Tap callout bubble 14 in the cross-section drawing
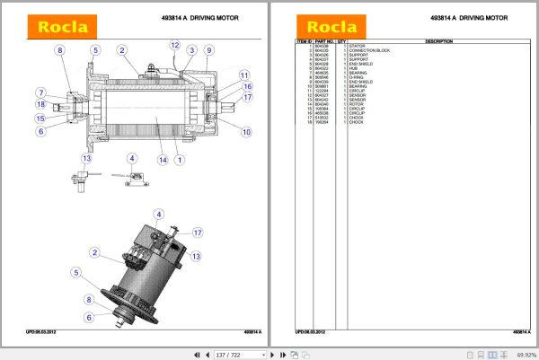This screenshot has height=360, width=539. pyautogui.click(x=163, y=161)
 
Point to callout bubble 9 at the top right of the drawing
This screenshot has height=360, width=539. pyautogui.click(x=208, y=50)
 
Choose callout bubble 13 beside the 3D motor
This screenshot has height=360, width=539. pyautogui.click(x=195, y=256)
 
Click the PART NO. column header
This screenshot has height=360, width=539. pyautogui.click(x=323, y=41)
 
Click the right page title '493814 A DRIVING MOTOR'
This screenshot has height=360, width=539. pyautogui.click(x=467, y=17)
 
